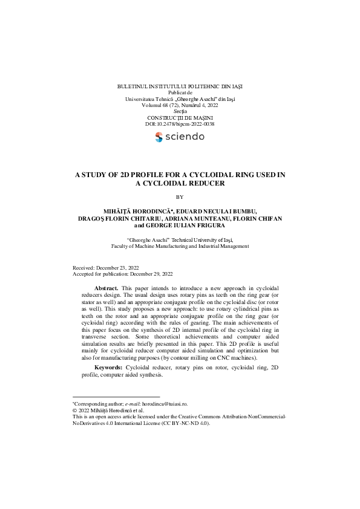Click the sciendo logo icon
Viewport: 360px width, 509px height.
click(x=159, y=137)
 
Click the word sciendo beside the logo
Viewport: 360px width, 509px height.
click(x=185, y=137)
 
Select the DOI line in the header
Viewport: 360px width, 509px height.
click(x=180, y=124)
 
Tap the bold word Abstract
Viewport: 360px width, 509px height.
click(x=106, y=288)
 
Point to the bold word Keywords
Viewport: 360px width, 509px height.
click(x=109, y=368)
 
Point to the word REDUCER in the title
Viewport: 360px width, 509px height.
click(x=206, y=183)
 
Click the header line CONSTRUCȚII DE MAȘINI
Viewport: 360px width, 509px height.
click(x=180, y=117)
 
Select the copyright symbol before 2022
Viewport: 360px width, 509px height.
click(x=74, y=410)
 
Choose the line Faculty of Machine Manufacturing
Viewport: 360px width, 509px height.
click(x=180, y=246)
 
